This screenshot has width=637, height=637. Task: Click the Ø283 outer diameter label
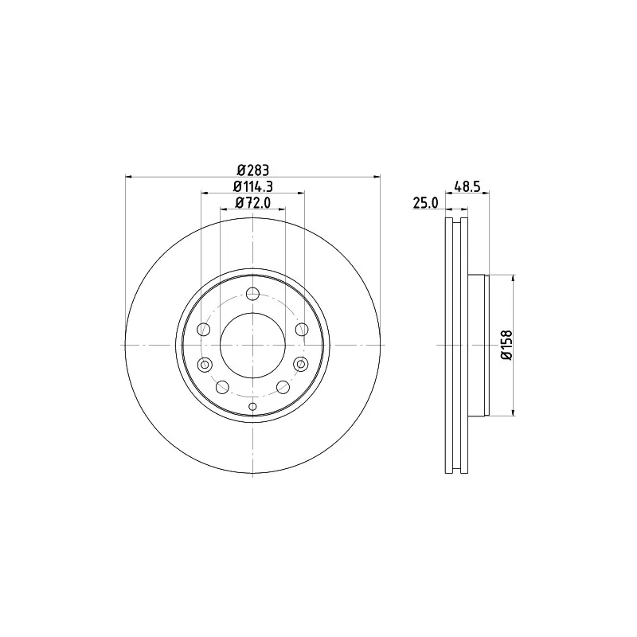[x=252, y=170]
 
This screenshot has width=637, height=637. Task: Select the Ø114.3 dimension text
[x=252, y=186]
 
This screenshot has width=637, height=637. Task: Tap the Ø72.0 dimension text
[x=252, y=202]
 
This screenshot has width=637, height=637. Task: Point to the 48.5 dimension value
[x=467, y=186]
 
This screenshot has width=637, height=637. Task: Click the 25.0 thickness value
[x=426, y=202]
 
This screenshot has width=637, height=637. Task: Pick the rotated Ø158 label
[x=507, y=345]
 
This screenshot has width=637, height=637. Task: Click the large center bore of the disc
[x=252, y=345]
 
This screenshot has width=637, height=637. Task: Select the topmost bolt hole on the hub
[x=252, y=293]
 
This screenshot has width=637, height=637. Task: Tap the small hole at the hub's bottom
[x=252, y=406]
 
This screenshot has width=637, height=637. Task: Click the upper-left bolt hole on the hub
[x=204, y=329]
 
